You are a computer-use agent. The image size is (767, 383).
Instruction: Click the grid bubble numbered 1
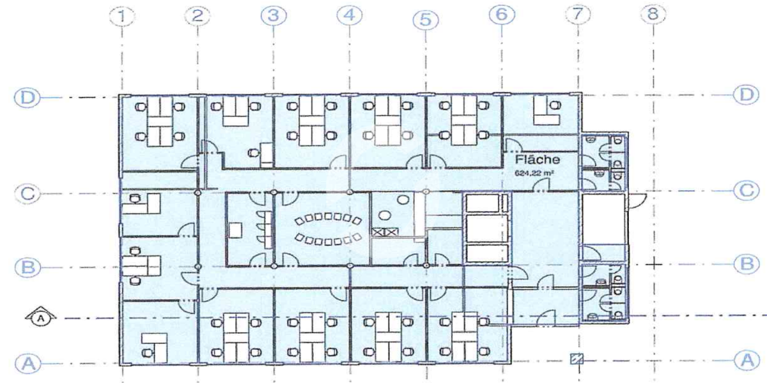[122, 16]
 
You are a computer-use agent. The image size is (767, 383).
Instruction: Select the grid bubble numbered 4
[349, 15]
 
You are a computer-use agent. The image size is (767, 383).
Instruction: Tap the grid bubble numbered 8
[653, 14]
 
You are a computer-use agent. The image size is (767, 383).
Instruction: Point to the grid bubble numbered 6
[502, 15]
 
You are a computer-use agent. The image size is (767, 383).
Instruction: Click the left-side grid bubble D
[27, 98]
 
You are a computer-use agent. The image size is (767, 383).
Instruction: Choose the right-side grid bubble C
[747, 191]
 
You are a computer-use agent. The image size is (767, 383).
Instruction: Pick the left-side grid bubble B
[27, 267]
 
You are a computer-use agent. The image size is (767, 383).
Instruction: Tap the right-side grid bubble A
[747, 360]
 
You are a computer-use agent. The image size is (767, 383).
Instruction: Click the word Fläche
[538, 160]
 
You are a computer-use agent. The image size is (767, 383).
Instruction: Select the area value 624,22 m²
[534, 174]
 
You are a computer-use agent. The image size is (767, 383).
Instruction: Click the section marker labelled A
[41, 318]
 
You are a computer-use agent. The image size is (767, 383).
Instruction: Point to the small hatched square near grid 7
[577, 359]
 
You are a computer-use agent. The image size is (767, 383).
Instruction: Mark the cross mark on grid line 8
[654, 264]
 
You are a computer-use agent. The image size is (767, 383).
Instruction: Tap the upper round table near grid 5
[403, 200]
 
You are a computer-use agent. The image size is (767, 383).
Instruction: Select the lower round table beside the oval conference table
[384, 216]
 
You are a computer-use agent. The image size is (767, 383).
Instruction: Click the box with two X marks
[385, 232]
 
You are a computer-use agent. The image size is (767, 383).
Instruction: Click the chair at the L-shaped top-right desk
[555, 105]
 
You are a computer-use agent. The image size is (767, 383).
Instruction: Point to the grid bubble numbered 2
[198, 16]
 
